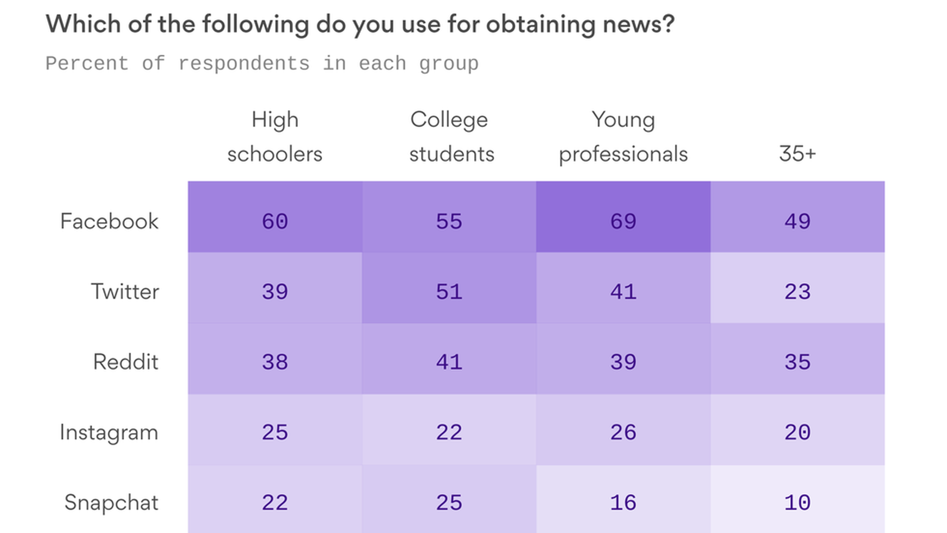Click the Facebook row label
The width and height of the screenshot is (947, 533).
click(x=109, y=221)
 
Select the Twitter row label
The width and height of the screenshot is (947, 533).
click(x=125, y=291)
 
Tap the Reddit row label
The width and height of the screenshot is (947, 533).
click(x=126, y=362)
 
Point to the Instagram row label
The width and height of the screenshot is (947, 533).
click(x=109, y=432)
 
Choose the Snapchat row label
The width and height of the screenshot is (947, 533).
click(x=111, y=502)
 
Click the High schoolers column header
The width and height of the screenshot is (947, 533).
click(x=275, y=136)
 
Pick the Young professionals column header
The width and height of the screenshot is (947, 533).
click(x=623, y=136)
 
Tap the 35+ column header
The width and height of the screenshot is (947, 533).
click(x=798, y=153)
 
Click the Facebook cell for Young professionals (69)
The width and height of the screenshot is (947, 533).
click(x=623, y=221)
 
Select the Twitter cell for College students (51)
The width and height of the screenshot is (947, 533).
click(x=449, y=291)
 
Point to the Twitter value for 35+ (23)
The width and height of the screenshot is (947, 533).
click(x=798, y=291)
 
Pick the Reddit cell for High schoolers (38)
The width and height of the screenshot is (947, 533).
click(x=275, y=362)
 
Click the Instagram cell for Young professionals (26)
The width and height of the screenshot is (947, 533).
click(x=623, y=432)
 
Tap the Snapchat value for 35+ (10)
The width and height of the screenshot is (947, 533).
click(x=798, y=502)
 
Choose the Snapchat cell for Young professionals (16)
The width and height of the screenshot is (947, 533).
click(x=623, y=502)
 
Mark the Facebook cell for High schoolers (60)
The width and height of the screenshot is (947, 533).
click(x=275, y=221)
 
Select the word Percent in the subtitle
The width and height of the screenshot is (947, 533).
click(x=87, y=64)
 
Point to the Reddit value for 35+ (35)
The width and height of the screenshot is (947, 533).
click(x=798, y=362)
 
